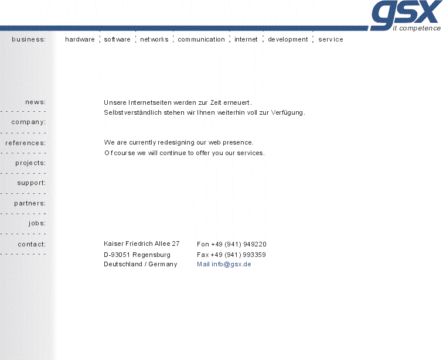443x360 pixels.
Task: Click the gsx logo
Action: pyautogui.click(x=404, y=13)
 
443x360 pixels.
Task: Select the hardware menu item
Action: pyautogui.click(x=80, y=40)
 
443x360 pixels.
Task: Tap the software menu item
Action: pyautogui.click(x=117, y=40)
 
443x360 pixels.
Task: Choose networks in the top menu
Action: pyautogui.click(x=154, y=40)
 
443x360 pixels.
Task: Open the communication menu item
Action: pyautogui.click(x=201, y=40)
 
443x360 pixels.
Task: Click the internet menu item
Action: pyautogui.click(x=246, y=40)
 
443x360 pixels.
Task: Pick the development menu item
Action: pyautogui.click(x=288, y=40)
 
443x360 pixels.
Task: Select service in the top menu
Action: pyautogui.click(x=330, y=40)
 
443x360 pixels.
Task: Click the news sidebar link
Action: pyautogui.click(x=35, y=102)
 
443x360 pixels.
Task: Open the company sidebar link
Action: pyautogui.click(x=28, y=122)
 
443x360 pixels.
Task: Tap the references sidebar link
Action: pyautogui.click(x=25, y=143)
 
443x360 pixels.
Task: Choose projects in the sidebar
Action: pyautogui.click(x=30, y=163)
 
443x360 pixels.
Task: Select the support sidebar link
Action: pyautogui.click(x=31, y=183)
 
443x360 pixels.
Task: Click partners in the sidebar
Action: pyautogui.click(x=30, y=204)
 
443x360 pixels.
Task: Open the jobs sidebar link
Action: pyautogui.click(x=37, y=224)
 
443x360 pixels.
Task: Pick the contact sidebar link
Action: pyautogui.click(x=32, y=244)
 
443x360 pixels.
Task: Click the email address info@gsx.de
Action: pyautogui.click(x=231, y=265)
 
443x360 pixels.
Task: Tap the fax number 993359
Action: pyautogui.click(x=254, y=255)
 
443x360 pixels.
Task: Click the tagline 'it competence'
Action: pyautogui.click(x=417, y=28)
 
